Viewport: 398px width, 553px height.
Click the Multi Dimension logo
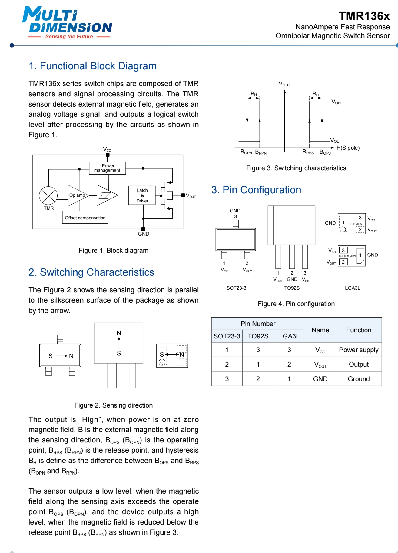click(x=67, y=23)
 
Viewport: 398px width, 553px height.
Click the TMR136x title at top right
click(x=364, y=16)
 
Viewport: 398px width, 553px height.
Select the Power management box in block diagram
click(x=108, y=168)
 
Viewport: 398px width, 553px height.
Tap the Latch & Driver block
click(x=142, y=195)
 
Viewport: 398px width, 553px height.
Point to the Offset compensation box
click(x=85, y=218)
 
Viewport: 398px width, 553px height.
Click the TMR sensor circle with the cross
click(x=48, y=195)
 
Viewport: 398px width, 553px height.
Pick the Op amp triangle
click(x=78, y=195)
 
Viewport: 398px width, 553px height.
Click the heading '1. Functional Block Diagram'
click(x=92, y=66)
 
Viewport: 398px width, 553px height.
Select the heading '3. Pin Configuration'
click(x=256, y=190)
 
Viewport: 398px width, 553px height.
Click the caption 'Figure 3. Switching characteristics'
click(x=296, y=168)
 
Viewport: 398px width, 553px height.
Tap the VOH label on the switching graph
click(x=336, y=102)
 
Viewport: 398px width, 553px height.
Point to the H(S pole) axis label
click(x=348, y=148)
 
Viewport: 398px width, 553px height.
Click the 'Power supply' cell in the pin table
click(x=359, y=350)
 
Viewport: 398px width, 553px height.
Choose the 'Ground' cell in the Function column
click(x=359, y=379)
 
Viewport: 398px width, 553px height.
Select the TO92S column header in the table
click(x=258, y=336)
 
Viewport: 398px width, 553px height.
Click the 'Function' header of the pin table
click(x=359, y=330)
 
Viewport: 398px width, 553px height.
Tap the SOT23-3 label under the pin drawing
click(x=236, y=288)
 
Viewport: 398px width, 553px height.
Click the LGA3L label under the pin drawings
click(x=353, y=288)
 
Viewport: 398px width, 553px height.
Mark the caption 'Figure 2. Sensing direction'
click(x=114, y=405)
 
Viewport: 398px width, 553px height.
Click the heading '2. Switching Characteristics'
click(x=91, y=272)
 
